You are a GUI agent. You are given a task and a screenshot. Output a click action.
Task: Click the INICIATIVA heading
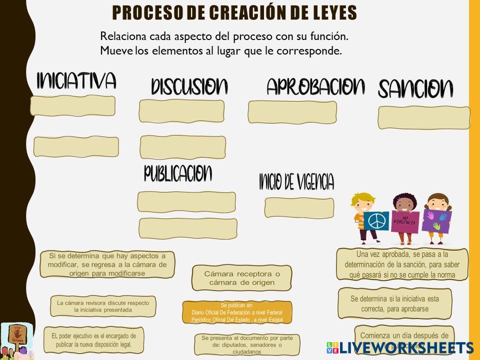[x=76, y=80]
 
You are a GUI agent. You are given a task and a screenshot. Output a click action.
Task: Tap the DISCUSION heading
[x=189, y=86]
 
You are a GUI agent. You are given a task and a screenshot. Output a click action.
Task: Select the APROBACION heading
[x=315, y=86]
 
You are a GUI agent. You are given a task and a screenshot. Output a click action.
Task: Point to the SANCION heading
[x=415, y=89]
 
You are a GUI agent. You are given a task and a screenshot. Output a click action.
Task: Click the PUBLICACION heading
[x=178, y=173]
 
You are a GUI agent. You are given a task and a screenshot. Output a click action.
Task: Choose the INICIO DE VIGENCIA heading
[x=296, y=182]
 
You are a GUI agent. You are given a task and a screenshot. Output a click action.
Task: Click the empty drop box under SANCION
[x=424, y=117]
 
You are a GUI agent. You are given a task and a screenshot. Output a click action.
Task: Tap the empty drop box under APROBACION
[x=292, y=111]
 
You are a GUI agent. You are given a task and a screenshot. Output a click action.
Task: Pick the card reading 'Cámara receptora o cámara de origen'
[x=242, y=278]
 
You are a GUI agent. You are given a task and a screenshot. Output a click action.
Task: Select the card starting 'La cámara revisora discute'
[x=103, y=306]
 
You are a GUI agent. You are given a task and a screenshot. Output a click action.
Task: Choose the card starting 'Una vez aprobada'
[x=402, y=264]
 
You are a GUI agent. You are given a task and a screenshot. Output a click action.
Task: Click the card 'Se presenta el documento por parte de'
[x=246, y=344]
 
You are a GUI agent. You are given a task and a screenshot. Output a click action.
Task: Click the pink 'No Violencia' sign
[x=405, y=221]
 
